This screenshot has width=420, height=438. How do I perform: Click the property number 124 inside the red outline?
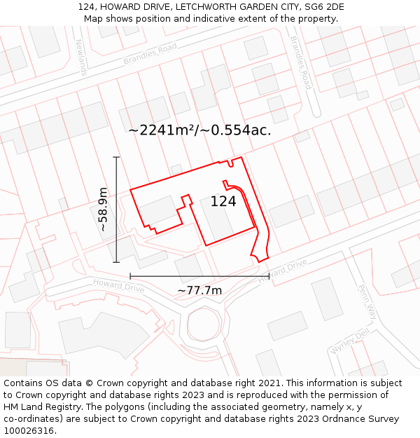click(223, 202)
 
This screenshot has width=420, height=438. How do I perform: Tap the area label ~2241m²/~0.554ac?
click(199, 130)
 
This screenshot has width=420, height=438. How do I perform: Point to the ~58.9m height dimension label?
click(103, 209)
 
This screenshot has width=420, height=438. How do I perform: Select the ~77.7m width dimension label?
click(199, 290)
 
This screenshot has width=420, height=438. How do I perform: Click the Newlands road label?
click(81, 57)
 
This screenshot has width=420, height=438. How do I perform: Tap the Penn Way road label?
click(367, 302)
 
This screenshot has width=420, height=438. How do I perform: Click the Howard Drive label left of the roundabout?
click(118, 285)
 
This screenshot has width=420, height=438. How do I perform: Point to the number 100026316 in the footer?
click(30, 430)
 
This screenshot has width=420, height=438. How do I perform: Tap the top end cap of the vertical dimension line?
click(117, 157)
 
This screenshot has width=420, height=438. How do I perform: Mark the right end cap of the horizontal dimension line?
click(269, 276)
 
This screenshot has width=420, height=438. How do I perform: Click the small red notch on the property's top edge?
click(230, 163)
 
